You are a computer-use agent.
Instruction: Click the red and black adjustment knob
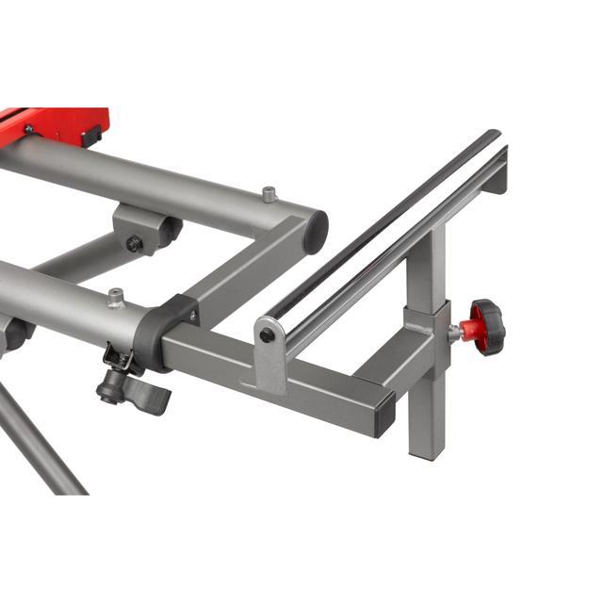486,327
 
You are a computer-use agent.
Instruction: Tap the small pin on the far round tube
269,194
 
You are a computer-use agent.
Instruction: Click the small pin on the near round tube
116,298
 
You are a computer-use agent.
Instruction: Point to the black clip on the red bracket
91,138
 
